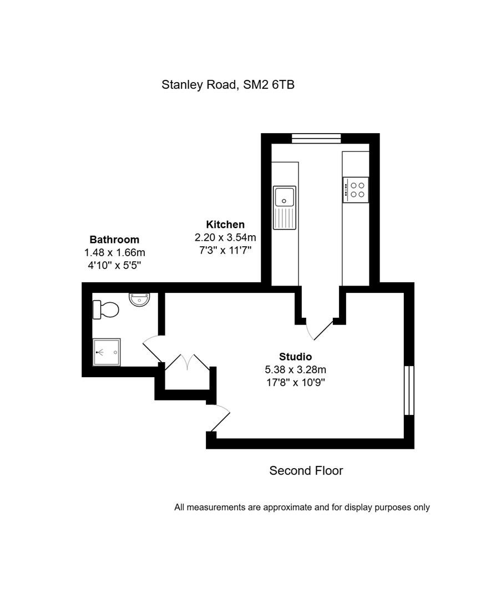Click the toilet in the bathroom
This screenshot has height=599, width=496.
(105, 309)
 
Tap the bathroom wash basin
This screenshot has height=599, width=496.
(139, 299)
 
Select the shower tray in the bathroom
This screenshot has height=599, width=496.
(107, 352)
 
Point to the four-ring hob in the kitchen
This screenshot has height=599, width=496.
(356, 190)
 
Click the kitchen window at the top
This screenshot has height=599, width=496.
(316, 138)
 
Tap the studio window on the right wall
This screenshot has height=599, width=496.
(409, 390)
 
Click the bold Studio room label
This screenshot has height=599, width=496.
(295, 357)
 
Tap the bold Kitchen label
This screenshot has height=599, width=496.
(225, 224)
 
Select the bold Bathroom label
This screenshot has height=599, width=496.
(114, 240)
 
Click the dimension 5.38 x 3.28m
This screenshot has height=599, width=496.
(295, 369)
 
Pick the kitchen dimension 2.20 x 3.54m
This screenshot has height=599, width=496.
(225, 237)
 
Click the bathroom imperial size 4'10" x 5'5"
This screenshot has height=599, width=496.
(114, 265)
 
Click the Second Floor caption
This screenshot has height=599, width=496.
(306, 470)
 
